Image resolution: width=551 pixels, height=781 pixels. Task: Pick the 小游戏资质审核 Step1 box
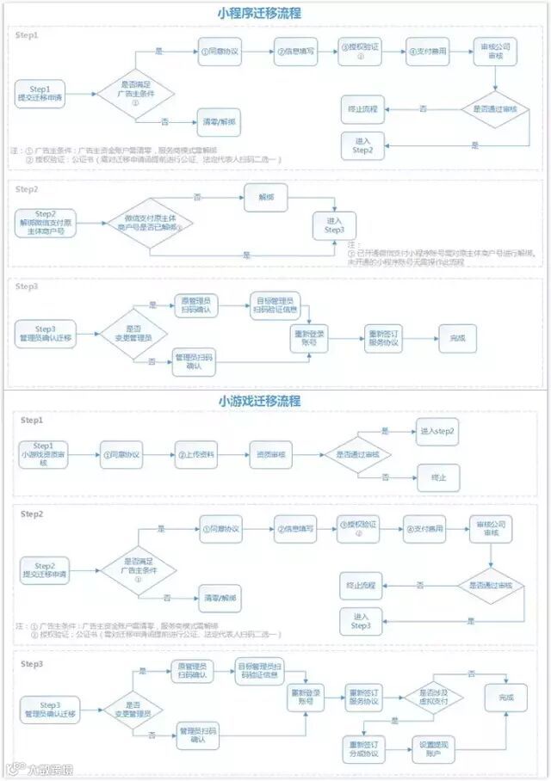tap(44, 454)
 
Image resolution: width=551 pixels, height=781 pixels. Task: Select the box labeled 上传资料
tap(197, 454)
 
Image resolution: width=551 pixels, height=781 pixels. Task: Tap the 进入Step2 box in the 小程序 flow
tap(363, 145)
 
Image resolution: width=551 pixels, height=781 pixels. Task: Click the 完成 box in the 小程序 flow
tap(457, 338)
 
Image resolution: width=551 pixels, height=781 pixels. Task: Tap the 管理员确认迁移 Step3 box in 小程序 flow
tap(44, 334)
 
